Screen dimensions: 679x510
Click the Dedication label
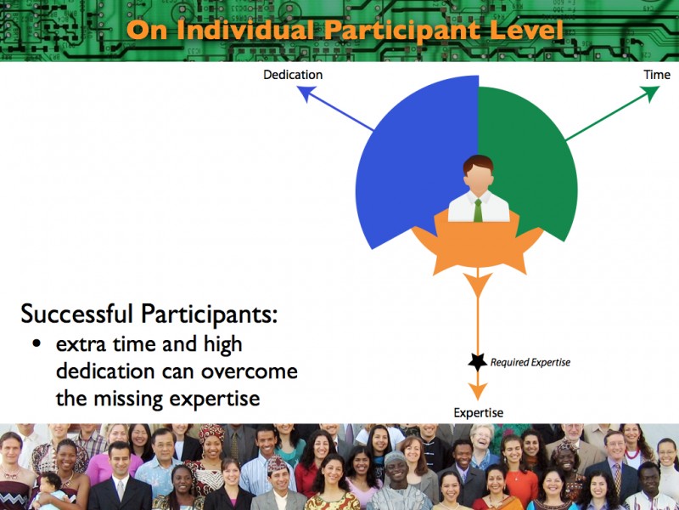point(293,75)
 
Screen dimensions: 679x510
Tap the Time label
point(657,75)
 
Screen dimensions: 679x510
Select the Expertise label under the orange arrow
point(478,413)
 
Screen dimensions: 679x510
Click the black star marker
point(478,362)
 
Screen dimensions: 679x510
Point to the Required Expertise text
point(530,362)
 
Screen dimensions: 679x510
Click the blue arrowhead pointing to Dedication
point(306,93)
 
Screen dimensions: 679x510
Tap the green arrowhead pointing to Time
point(650,93)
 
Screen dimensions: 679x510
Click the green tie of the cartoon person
point(478,210)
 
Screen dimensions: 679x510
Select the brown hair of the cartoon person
point(478,164)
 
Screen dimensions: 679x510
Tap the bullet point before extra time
point(36,344)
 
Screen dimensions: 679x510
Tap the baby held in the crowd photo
point(50,490)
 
